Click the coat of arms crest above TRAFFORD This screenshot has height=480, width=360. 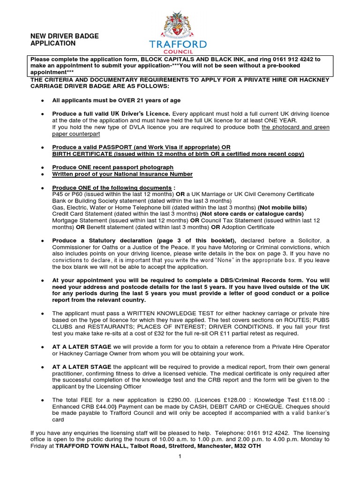click(x=177, y=25)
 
